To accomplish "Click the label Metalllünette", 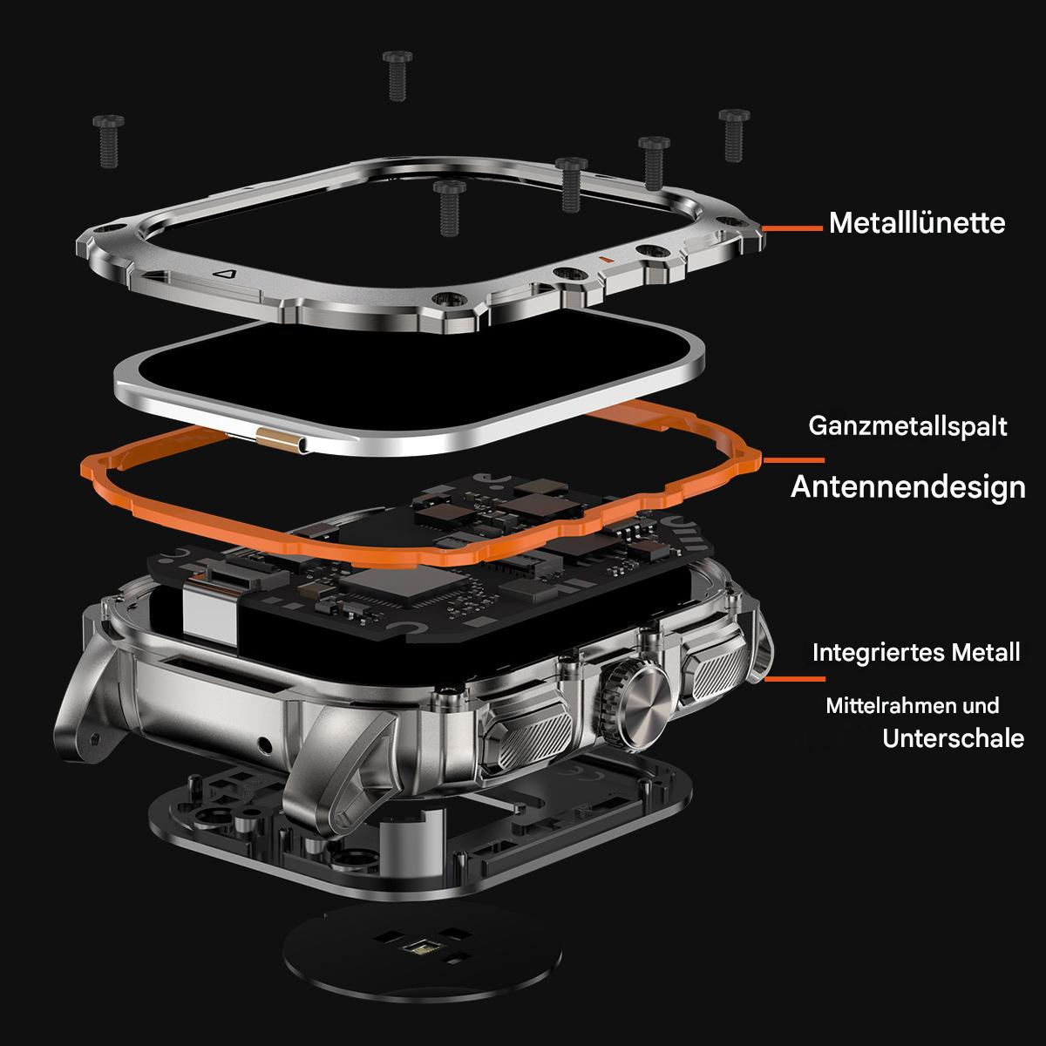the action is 917,223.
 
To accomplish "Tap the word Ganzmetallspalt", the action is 907,426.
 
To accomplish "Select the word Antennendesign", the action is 908,487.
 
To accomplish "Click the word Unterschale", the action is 954,738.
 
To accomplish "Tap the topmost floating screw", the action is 397,76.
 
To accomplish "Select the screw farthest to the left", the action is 109,140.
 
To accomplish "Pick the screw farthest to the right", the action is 734,135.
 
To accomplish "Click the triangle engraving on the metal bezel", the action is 225,274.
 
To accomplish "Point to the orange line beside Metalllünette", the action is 792,228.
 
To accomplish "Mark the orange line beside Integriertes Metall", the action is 795,678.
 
